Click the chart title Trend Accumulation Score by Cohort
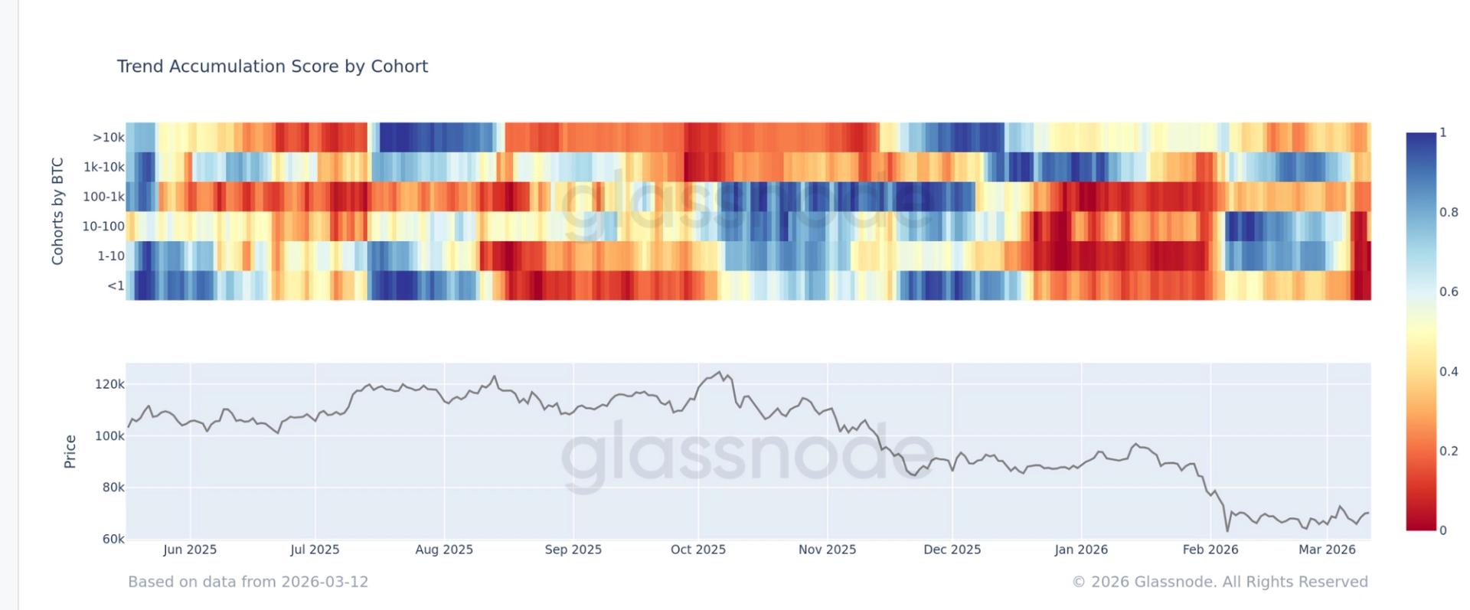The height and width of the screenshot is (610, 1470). tap(272, 67)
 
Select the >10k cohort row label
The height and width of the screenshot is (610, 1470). tap(108, 138)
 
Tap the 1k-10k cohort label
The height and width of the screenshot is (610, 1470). tap(103, 167)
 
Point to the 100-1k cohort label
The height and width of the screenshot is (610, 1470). tap(103, 197)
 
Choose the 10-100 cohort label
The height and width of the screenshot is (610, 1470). tap(103, 227)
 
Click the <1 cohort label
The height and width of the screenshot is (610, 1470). tap(116, 286)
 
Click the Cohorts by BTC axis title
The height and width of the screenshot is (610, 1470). tap(57, 211)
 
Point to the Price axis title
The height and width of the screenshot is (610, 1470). tap(70, 452)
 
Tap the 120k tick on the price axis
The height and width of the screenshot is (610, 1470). tap(109, 384)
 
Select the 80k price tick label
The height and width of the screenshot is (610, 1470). tap(113, 488)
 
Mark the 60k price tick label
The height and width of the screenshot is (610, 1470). tap(113, 539)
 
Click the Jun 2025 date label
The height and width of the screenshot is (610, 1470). tap(190, 550)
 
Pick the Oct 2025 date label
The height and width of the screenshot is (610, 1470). tap(697, 550)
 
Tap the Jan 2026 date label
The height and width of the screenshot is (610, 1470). tap(1080, 550)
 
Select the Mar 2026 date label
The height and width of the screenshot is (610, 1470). tap(1327, 550)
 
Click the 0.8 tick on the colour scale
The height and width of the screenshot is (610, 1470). tap(1449, 212)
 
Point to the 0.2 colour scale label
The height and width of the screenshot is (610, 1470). tap(1449, 451)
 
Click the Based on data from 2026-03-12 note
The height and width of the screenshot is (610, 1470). tap(248, 582)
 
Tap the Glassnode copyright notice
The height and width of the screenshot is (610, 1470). tap(1220, 582)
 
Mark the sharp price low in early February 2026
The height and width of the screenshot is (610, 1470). tap(1227, 530)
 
